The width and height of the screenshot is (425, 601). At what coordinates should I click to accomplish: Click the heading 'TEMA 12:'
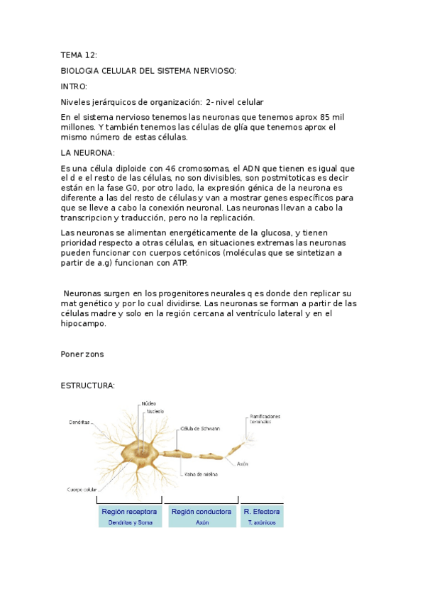(78, 55)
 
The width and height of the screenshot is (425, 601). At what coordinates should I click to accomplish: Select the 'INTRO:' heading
(74, 86)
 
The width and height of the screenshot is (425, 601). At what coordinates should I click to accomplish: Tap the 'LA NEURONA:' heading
(87, 152)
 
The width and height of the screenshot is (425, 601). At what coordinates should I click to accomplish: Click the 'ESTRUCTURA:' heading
(87, 386)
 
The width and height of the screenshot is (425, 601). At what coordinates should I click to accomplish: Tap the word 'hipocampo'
(82, 323)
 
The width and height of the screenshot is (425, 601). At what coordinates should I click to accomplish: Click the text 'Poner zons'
(83, 354)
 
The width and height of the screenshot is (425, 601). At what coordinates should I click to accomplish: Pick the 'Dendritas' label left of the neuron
(79, 422)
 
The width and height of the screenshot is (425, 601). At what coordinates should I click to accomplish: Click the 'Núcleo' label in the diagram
(149, 403)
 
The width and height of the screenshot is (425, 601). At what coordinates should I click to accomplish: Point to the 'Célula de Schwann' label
(200, 429)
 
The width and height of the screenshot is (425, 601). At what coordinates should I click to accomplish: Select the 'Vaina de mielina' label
(200, 474)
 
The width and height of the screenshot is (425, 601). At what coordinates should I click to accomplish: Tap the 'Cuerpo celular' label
(82, 489)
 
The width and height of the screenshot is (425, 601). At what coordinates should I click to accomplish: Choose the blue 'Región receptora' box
(130, 516)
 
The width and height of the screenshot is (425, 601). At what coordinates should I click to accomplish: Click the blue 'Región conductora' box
(202, 516)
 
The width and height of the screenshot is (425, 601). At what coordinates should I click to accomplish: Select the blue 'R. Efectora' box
(261, 516)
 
